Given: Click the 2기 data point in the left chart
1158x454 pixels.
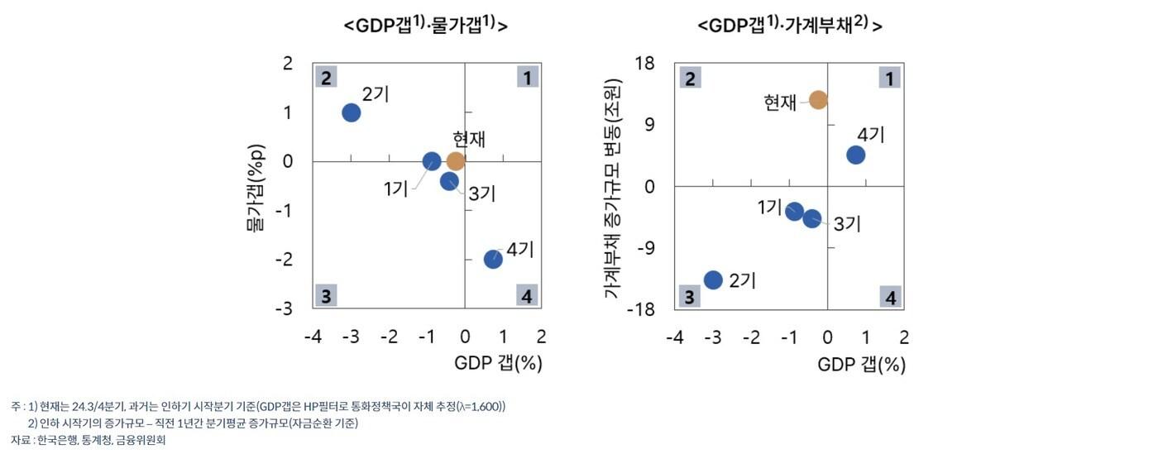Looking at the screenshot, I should (351, 112).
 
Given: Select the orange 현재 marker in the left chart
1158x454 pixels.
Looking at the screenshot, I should (456, 161).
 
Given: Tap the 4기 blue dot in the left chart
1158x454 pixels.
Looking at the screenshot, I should (493, 259).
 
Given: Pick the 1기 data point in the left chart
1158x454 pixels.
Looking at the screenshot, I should (432, 161).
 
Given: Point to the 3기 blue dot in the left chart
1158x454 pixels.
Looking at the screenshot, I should (449, 181).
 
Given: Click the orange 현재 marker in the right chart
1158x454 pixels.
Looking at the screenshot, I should (818, 100).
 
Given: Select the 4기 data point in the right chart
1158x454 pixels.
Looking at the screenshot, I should (855, 155).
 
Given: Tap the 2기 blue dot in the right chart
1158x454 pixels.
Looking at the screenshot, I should (713, 280).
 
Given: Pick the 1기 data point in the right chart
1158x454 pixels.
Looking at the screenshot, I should (795, 211).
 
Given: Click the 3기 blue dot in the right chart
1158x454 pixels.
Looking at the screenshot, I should (812, 218).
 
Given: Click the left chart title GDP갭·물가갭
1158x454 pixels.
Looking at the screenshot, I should (425, 26).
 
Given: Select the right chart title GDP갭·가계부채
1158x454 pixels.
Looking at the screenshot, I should (790, 26).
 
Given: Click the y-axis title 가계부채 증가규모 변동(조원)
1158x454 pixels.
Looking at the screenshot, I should (612, 187).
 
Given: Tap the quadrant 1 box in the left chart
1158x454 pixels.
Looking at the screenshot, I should (527, 78).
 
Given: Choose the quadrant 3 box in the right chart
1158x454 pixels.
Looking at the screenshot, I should (689, 297).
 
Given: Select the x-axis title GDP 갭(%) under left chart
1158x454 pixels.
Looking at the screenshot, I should (498, 364).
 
